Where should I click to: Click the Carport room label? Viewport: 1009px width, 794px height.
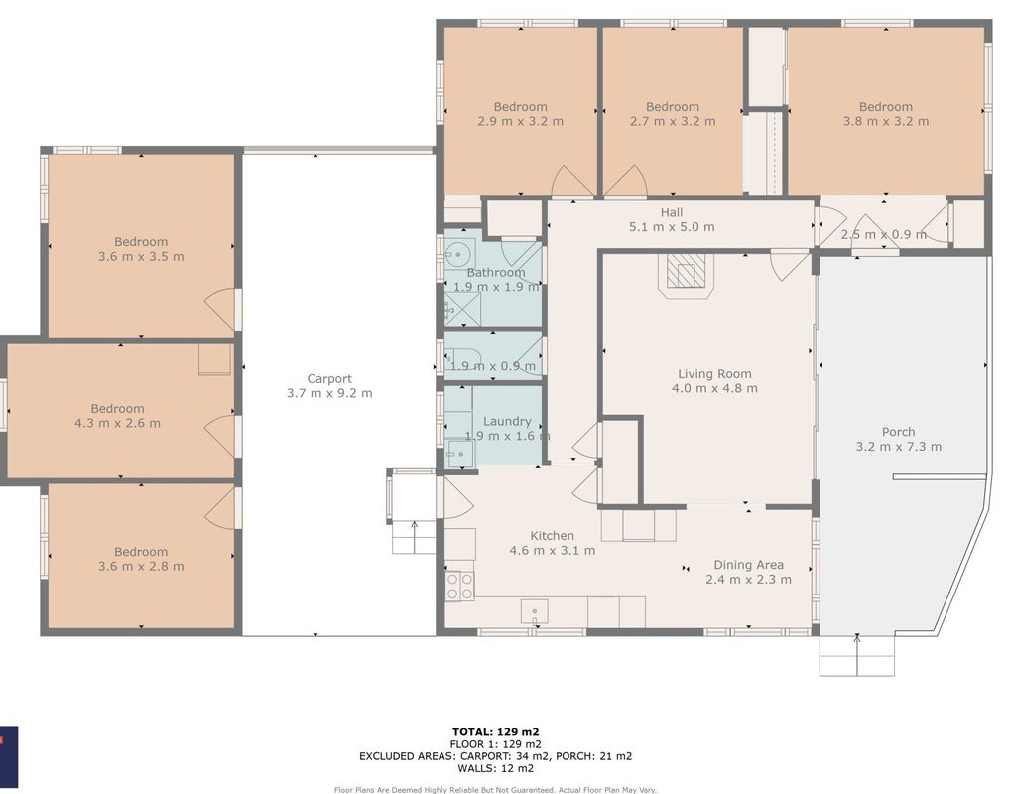point(328,379)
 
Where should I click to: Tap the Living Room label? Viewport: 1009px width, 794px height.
point(714,373)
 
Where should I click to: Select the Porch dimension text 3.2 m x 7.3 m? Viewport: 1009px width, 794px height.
point(898,447)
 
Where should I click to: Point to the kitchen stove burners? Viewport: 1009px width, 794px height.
point(459,586)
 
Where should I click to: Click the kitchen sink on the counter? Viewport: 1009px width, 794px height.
point(534,611)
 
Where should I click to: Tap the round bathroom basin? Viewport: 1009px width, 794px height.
point(458,253)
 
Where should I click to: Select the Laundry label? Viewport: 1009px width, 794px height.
point(507,421)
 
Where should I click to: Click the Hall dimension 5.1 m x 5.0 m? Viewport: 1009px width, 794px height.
point(671,226)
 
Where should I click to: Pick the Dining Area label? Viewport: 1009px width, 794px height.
point(748,565)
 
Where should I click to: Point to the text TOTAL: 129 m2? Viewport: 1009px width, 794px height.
point(495,731)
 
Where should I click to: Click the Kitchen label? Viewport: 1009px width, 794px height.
point(552,536)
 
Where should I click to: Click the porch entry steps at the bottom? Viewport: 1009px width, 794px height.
point(856,656)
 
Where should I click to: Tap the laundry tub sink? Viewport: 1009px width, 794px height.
point(459,454)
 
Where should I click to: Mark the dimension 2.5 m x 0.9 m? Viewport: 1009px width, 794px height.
point(884,235)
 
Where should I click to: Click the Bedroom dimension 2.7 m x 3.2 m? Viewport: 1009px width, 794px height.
point(673,121)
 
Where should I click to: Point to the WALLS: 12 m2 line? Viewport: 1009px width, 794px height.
point(495,768)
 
